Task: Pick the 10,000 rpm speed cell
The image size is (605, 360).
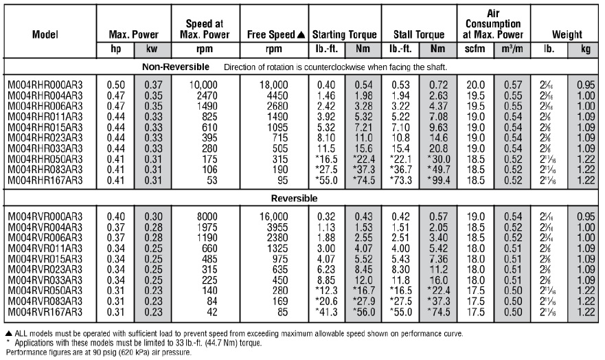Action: coord(196,85)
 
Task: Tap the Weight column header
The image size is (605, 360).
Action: coord(566,34)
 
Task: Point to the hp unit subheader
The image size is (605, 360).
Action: coord(116,49)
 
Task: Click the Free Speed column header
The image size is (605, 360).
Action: coord(273,34)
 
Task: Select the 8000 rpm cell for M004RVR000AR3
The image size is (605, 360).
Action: coord(196,216)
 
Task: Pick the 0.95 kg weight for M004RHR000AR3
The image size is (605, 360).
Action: coord(584,85)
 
